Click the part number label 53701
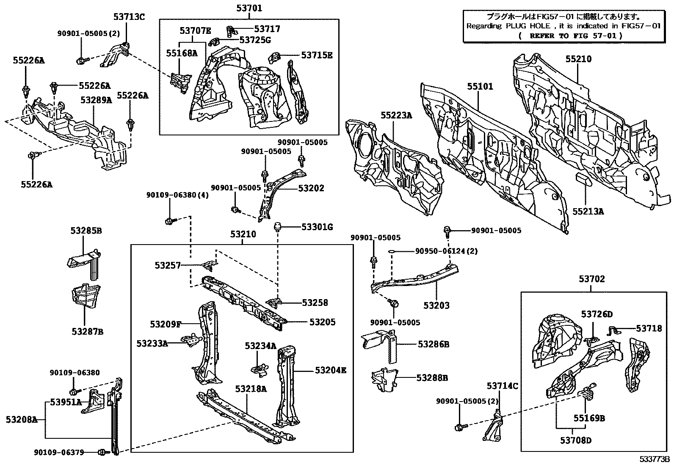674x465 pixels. [x=249, y=8]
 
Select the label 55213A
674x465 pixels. [x=588, y=211]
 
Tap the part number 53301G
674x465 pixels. [x=317, y=227]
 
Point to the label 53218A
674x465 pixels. [x=251, y=389]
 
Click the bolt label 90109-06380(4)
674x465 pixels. [x=177, y=195]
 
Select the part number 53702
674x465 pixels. [x=592, y=279]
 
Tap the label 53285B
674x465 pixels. [x=86, y=231]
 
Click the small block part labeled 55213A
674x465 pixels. [x=585, y=179]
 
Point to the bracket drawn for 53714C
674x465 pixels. [x=492, y=425]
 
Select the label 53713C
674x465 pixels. [x=129, y=17]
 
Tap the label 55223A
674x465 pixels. [x=396, y=115]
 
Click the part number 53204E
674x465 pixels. [x=331, y=370]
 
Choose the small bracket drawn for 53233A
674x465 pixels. [x=191, y=340]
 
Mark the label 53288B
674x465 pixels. [x=432, y=377]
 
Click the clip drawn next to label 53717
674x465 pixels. [x=231, y=30]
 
